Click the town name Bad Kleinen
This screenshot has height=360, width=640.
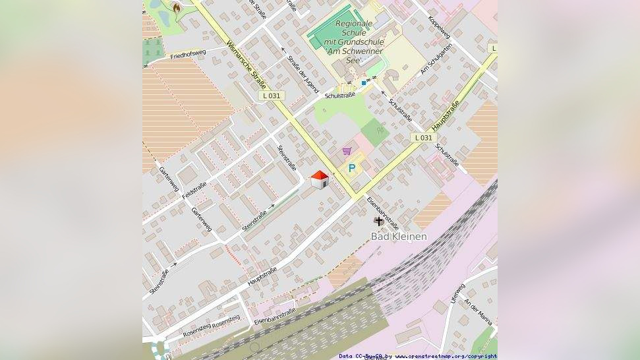[399, 236]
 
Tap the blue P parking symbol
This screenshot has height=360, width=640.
[352, 168]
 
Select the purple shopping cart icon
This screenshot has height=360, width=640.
[347, 151]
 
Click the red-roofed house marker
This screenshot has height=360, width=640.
[320, 179]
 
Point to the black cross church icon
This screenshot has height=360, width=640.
[378, 221]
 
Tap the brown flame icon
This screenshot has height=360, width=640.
[177, 7]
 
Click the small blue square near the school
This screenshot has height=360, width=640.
[363, 83]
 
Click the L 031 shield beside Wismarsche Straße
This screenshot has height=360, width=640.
[271, 96]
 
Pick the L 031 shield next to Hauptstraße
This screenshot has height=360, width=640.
[423, 138]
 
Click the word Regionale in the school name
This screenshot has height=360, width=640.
[354, 24]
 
